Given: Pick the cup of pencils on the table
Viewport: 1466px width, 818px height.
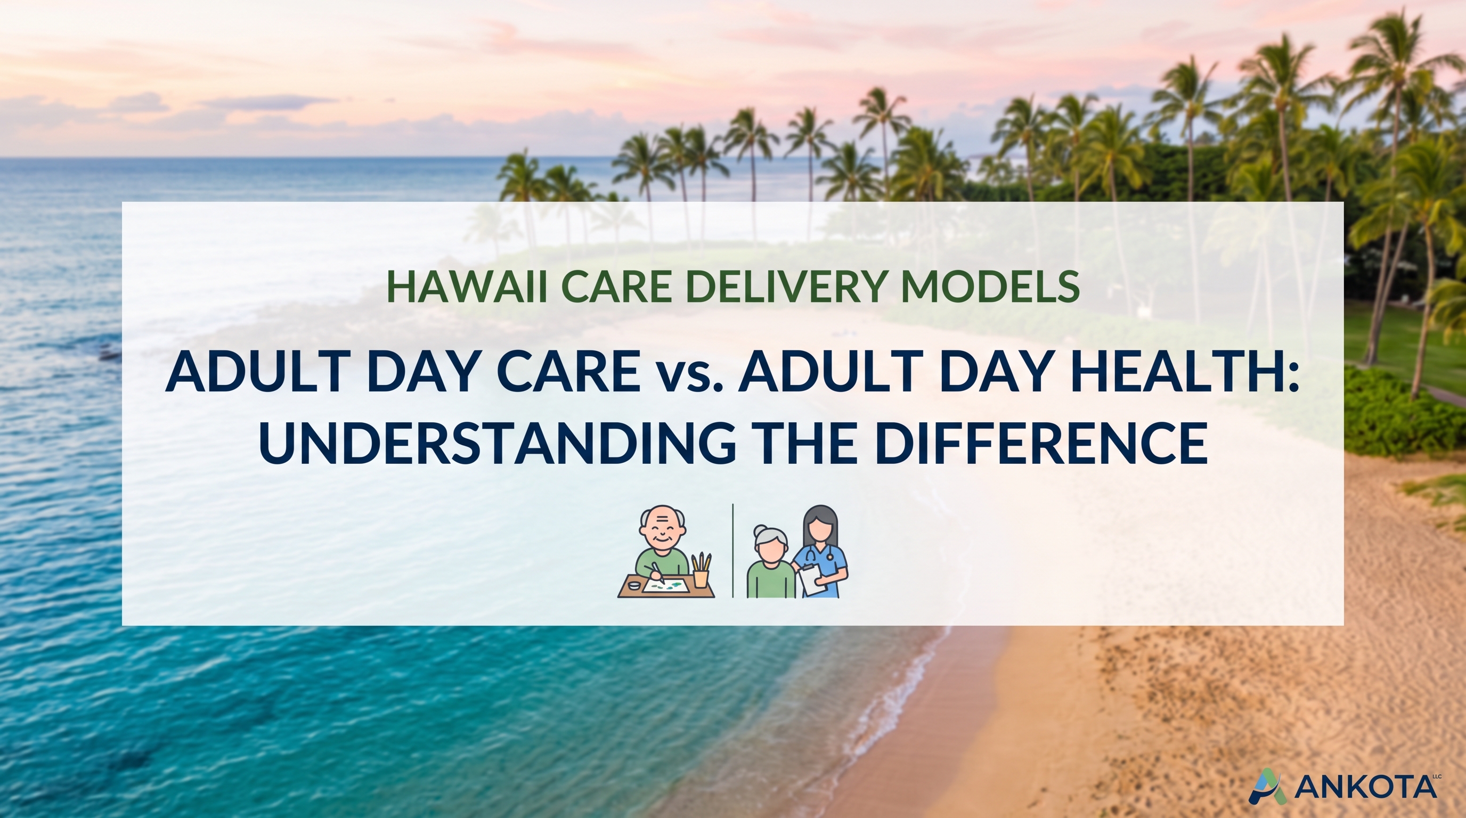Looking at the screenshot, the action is [x=701, y=570].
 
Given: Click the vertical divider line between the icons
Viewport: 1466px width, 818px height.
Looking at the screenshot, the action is [x=733, y=551].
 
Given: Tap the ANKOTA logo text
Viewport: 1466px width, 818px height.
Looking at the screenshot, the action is [x=1365, y=787].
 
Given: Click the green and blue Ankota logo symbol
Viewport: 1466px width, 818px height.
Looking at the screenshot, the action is [x=1267, y=786].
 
